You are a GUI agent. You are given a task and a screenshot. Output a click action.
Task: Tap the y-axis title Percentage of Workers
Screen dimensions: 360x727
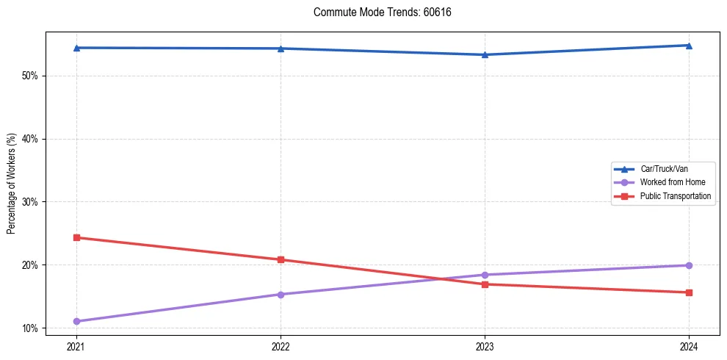(12, 184)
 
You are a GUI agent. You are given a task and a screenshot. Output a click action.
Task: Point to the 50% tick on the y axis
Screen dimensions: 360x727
(30, 76)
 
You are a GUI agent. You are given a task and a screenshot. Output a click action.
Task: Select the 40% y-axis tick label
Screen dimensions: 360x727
(30, 139)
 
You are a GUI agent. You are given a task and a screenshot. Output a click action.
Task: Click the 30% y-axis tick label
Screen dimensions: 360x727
(30, 202)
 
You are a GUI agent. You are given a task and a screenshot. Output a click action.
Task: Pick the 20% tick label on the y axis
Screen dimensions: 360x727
(30, 264)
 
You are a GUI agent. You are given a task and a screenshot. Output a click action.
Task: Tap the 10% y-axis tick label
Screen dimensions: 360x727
(30, 328)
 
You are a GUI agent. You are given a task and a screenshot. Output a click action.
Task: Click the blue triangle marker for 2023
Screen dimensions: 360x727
(485, 54)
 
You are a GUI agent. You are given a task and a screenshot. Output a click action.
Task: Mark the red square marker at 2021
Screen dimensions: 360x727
(76, 237)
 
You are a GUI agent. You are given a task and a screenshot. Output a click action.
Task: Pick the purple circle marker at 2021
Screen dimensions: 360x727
(76, 321)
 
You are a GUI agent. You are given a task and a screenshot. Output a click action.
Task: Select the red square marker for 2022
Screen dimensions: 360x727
(281, 259)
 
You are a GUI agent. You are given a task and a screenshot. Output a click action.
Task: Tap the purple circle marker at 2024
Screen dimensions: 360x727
(689, 265)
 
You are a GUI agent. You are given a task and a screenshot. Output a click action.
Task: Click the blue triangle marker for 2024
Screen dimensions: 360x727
(689, 46)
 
